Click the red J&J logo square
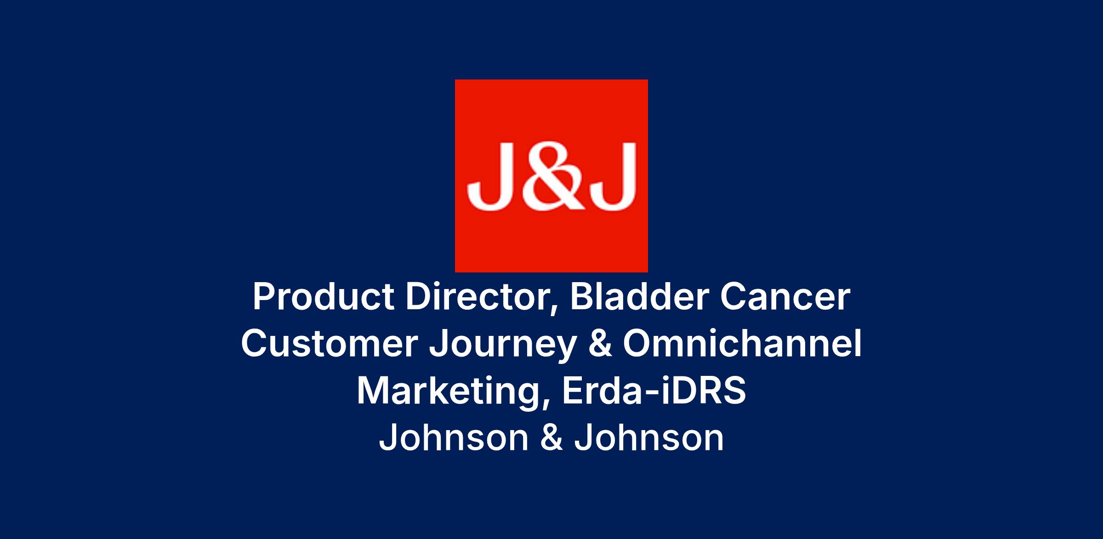[551, 176]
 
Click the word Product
[324, 297]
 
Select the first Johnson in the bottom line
[454, 438]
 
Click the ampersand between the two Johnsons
[551, 438]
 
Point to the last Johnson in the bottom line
[649, 438]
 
